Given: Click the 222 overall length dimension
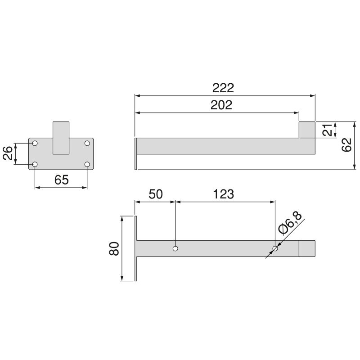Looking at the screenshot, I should point(224,88).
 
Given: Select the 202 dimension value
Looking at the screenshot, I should point(221,105).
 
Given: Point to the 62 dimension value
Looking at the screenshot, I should point(346,145).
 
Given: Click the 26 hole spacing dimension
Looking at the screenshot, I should point(8,154).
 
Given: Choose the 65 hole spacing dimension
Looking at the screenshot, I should point(61,180).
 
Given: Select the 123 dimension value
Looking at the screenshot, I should point(224,194).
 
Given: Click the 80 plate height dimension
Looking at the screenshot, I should point(114,249).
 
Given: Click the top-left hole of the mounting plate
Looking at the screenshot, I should point(35,143).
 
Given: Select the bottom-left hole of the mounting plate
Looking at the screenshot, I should point(35,164).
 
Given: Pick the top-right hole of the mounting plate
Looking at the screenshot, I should point(87,143).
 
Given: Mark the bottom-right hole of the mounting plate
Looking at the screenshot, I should point(87,164).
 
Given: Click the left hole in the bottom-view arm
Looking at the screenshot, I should point(175,248).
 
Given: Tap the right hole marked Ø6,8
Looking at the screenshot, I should point(275,248).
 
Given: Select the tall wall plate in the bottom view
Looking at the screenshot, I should point(135,249).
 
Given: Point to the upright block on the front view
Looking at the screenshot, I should point(61,137).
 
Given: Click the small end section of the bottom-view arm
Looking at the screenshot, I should point(307,248).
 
